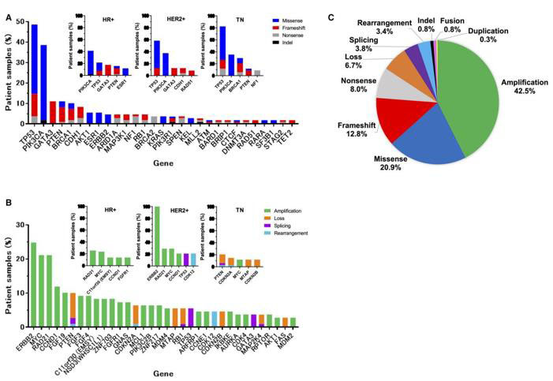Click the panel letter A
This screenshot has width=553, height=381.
tap(8, 17)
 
